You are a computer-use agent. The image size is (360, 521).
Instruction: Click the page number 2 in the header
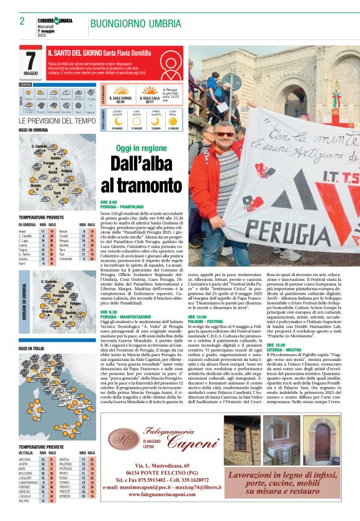coord(22,22)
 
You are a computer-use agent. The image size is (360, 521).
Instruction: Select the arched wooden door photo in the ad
coord(322,441)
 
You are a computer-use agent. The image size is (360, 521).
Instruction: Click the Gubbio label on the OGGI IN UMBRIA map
coord(55,158)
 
